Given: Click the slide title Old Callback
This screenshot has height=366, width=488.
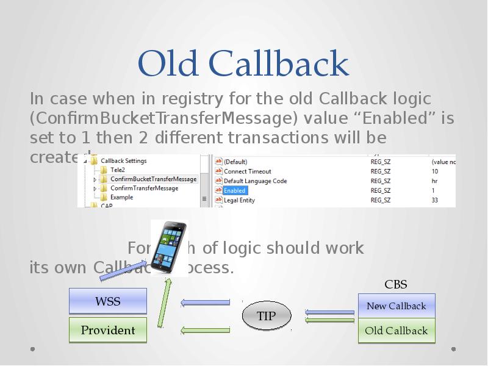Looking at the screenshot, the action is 243,63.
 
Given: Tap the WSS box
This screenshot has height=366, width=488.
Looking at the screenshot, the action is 108,301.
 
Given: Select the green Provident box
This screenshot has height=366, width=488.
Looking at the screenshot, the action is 108,330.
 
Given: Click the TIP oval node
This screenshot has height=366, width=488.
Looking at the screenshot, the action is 266,315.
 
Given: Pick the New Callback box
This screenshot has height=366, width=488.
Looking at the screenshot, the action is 396,306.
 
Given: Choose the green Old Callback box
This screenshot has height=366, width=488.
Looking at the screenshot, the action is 396,331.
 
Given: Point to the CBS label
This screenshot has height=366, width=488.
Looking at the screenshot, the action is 395,284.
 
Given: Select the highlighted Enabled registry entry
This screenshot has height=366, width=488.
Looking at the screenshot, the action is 234,191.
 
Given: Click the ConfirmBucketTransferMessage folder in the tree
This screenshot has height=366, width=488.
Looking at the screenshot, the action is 153,179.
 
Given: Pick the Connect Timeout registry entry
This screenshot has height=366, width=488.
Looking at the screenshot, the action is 247,171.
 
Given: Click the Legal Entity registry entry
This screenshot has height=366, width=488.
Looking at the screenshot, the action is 239,200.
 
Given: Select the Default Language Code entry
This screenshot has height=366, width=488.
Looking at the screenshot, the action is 255,181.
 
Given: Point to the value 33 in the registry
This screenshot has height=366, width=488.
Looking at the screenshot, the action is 435,200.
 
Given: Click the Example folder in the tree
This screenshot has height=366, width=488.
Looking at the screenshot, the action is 121,198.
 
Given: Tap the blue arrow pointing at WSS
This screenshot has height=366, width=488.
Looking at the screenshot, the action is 205,302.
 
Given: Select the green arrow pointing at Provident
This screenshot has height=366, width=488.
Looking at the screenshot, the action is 205,330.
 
